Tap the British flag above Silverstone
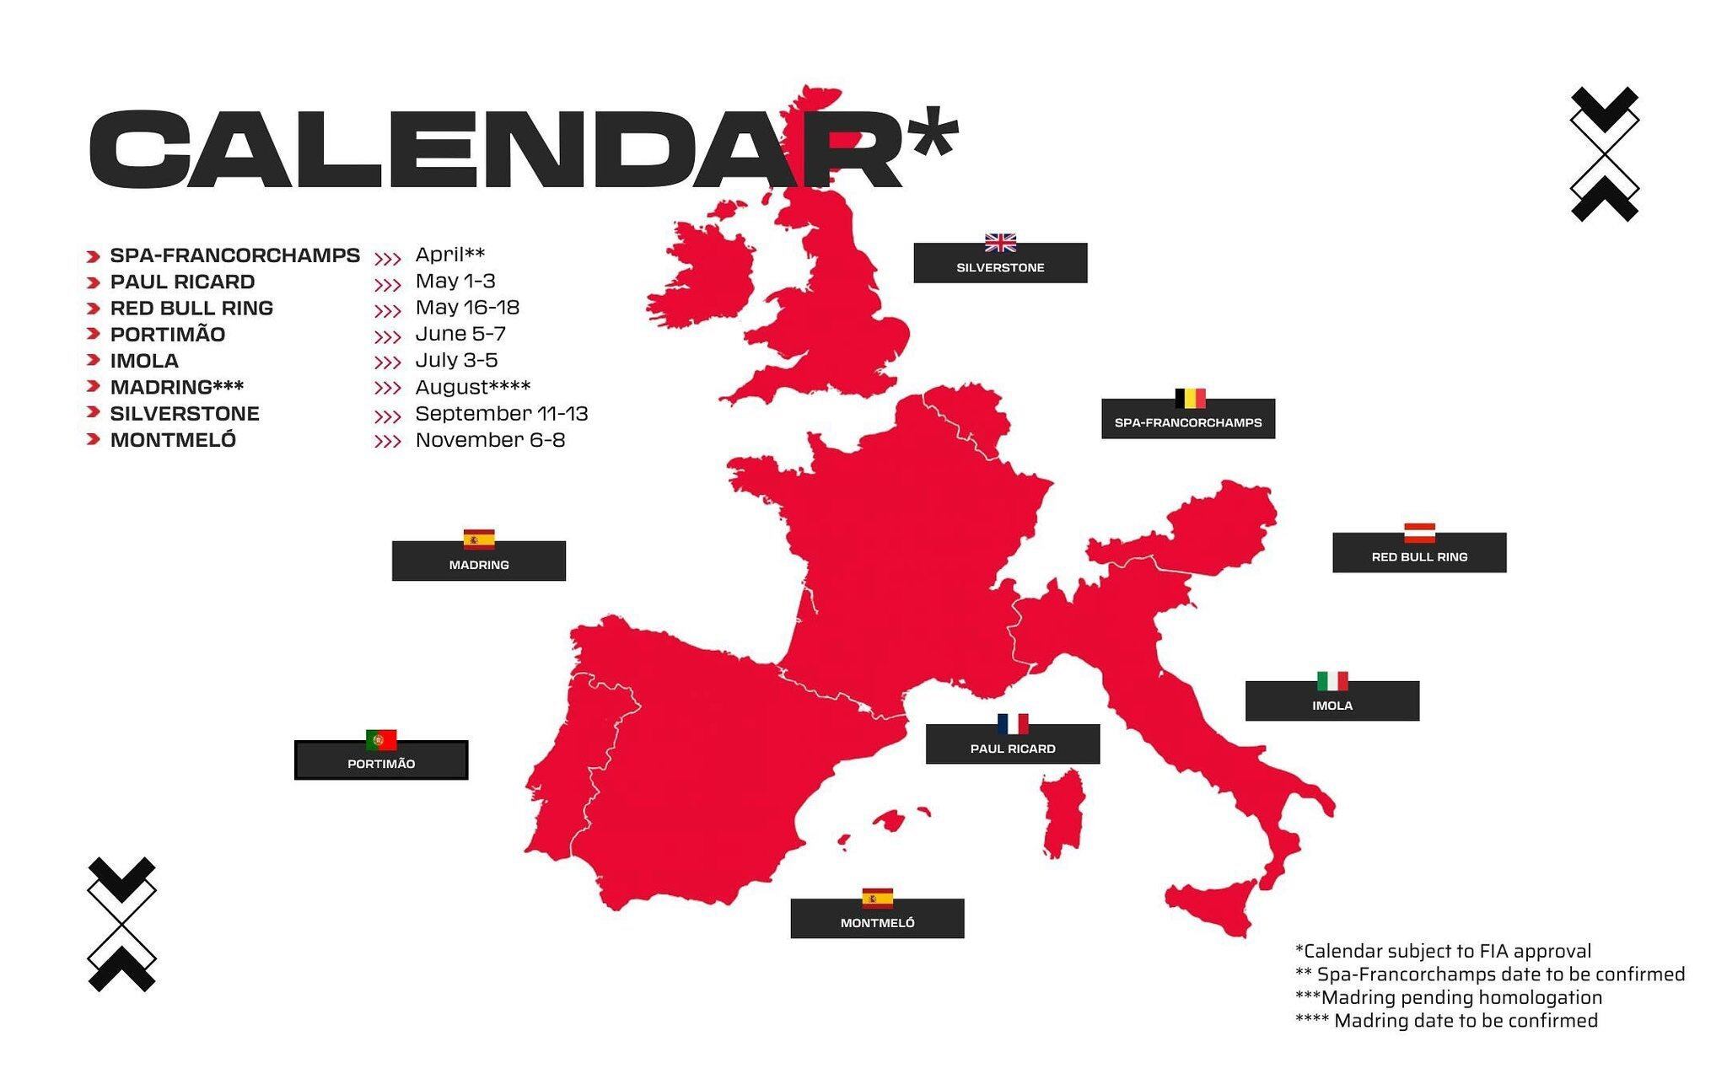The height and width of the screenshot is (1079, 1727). tap(1000, 243)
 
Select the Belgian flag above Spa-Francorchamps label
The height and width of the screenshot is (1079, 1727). tap(1190, 398)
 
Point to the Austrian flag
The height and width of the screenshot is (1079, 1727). tap(1419, 532)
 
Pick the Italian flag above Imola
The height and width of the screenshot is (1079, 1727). tap(1332, 680)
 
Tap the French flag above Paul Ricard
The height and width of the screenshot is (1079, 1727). tap(1013, 723)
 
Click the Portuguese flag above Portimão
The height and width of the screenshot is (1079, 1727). tap(381, 739)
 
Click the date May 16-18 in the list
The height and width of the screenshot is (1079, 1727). tap(467, 308)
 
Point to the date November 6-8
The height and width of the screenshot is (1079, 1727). tap(490, 440)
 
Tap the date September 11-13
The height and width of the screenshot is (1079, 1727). tap(502, 414)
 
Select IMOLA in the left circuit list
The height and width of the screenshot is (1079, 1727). tap(144, 361)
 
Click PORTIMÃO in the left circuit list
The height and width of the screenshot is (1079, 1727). tap(168, 335)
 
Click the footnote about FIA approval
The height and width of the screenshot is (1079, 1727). tap(1443, 951)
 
